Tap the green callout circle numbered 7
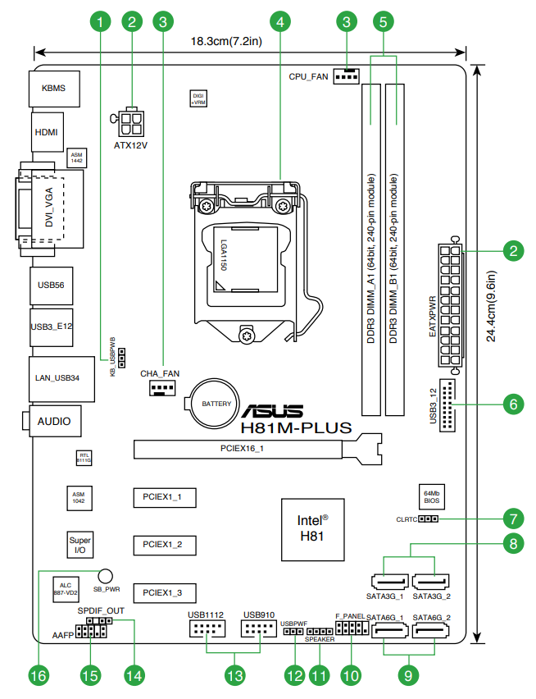[513, 519]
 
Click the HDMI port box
[47, 131]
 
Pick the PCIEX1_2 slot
[167, 544]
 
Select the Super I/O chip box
[79, 545]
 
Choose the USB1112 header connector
[207, 630]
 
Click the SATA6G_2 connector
[431, 632]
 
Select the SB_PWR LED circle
[105, 577]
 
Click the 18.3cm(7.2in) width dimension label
[225, 41]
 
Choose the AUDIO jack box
[52, 422]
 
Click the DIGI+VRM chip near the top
[198, 99]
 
